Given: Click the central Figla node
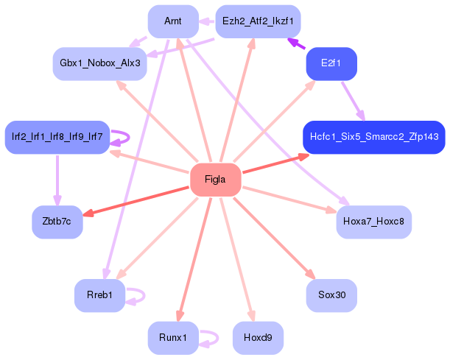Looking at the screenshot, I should [x=215, y=180].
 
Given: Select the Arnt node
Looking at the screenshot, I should [x=173, y=21].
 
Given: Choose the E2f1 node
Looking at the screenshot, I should [x=331, y=64].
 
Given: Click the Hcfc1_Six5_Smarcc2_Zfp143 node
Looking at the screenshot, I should [x=373, y=137].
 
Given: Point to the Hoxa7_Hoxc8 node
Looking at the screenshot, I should [x=373, y=221].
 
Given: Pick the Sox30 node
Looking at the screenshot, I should [x=331, y=294].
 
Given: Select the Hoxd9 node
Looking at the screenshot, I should [x=258, y=338].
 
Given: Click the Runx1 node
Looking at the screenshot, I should [x=173, y=338].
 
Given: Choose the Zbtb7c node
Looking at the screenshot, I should [x=57, y=222].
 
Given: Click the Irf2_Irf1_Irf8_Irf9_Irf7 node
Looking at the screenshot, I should [x=57, y=137].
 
